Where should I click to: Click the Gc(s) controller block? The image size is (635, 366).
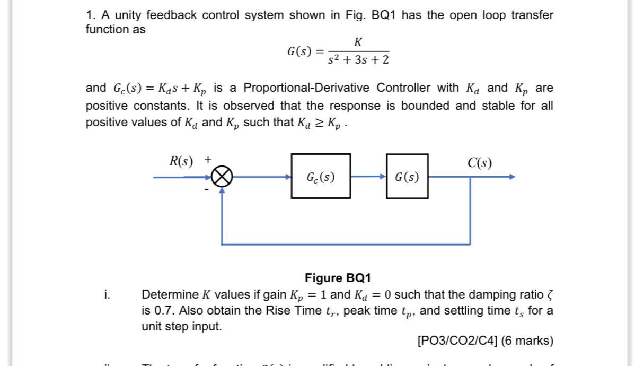coord(320,177)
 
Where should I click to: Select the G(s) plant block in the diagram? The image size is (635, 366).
coord(407,177)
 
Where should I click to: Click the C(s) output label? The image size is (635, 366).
coord(479,163)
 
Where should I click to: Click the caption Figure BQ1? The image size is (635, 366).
coord(338,278)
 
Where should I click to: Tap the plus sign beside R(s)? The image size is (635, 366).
coord(208,159)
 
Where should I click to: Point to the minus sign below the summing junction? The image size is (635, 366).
coord(207,189)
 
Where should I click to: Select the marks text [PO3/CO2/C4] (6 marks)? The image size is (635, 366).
coord(485,341)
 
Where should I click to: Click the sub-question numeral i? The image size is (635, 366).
coord(107,294)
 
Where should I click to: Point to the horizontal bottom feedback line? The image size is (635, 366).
coord(345,245)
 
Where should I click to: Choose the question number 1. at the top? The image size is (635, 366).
coord(91,15)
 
